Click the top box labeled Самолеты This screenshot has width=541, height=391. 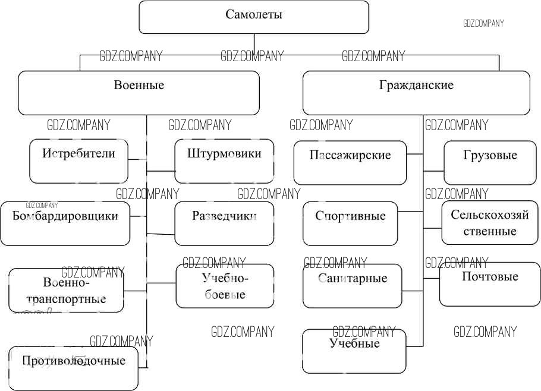(254, 17)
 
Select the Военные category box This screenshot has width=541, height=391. (139, 93)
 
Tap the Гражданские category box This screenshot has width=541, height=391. (416, 93)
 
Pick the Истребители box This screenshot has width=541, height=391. (78, 161)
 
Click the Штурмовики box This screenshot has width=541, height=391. (224, 161)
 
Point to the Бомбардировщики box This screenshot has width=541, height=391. (65, 223)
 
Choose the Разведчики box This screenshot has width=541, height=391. (224, 223)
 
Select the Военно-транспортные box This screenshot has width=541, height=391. (66, 290)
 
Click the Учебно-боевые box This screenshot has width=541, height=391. (225, 286)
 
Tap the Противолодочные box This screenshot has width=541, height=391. (74, 368)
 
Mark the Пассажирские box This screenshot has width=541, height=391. (350, 162)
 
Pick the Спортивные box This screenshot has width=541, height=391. (350, 223)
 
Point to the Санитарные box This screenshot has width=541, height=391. (352, 286)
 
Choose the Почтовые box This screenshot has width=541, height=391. (489, 284)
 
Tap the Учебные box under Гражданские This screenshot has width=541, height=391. (354, 351)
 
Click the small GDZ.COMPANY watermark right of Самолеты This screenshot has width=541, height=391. (483, 23)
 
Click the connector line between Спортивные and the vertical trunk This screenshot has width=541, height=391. (410, 211)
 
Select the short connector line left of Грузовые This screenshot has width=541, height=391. (433, 171)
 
